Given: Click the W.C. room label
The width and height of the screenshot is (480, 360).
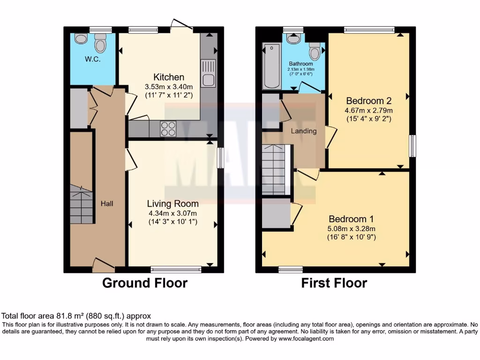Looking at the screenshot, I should pyautogui.click(x=92, y=59).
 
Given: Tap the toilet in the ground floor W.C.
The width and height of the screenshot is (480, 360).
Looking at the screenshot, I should pyautogui.click(x=100, y=44).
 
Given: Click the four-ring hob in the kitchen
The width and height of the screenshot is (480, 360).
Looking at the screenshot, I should pyautogui.click(x=168, y=128).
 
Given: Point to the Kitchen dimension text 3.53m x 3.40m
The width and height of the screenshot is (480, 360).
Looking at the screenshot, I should pyautogui.click(x=169, y=87).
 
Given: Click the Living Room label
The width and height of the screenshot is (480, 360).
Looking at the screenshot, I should pyautogui.click(x=172, y=203).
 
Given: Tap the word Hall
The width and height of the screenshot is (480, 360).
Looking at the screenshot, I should pyautogui.click(x=107, y=203).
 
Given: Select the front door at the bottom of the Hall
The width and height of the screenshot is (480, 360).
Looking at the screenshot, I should pyautogui.click(x=104, y=265).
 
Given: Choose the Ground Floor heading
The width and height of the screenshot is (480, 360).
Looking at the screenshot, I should pyautogui.click(x=145, y=283).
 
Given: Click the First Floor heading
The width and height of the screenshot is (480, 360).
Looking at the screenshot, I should pyautogui.click(x=334, y=283).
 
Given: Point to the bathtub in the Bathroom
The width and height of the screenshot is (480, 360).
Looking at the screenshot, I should pyautogui.click(x=271, y=66).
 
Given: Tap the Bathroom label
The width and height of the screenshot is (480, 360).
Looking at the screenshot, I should pyautogui.click(x=300, y=64).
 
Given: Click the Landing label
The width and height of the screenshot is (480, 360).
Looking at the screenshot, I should pyautogui.click(x=303, y=131).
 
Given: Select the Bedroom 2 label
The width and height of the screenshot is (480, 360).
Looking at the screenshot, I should pyautogui.click(x=368, y=100).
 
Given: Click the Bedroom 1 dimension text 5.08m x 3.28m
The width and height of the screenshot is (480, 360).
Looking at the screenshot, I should pyautogui.click(x=352, y=229).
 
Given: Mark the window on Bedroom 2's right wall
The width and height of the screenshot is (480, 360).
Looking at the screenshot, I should pyautogui.click(x=412, y=146).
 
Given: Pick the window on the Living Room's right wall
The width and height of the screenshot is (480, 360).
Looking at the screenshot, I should pyautogui.click(x=220, y=157).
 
